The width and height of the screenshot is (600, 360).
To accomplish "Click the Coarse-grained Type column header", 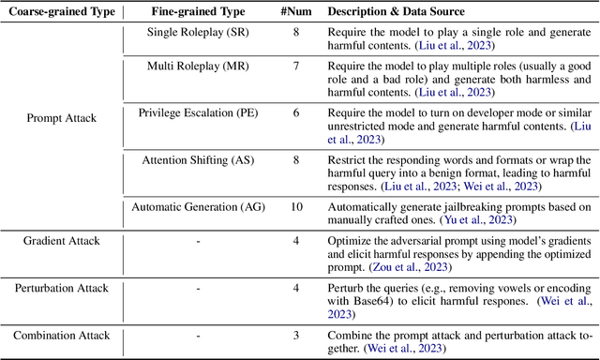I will point(61,11).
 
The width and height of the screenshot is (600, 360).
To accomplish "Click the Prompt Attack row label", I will point(61,119).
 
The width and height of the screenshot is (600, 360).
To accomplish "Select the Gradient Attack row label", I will point(61,241).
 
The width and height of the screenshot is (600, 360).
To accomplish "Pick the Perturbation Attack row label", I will point(61,288).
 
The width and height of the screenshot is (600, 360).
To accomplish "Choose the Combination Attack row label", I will point(61,335).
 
